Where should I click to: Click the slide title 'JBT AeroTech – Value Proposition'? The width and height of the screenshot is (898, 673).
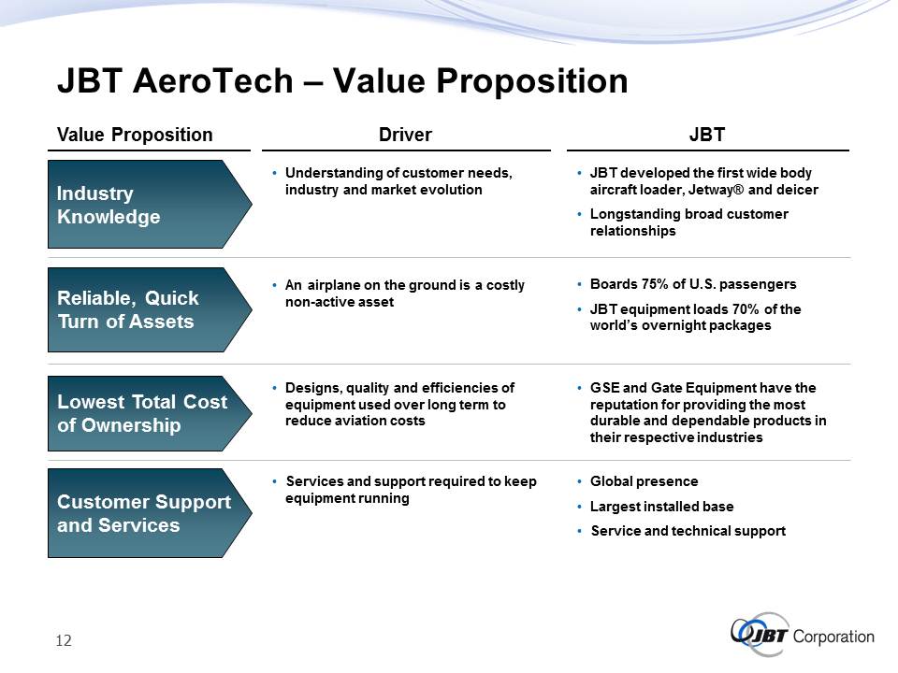(x=342, y=80)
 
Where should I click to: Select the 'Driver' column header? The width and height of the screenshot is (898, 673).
(x=405, y=135)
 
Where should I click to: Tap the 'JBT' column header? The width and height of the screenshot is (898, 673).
(x=707, y=135)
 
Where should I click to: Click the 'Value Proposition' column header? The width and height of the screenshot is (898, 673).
(x=135, y=135)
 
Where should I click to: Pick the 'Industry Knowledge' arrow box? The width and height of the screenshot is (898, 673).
(x=150, y=205)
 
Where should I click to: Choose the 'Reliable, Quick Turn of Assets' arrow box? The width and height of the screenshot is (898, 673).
(x=150, y=309)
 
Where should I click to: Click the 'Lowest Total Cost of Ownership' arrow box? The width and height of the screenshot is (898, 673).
(x=150, y=413)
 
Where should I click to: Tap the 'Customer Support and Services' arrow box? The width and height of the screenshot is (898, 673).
(x=150, y=513)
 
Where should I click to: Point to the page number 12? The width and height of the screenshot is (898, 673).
(x=64, y=640)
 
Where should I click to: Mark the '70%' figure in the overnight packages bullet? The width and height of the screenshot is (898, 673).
(x=746, y=309)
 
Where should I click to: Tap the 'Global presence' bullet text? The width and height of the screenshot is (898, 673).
(x=644, y=481)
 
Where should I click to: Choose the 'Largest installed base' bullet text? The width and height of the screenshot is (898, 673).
(x=661, y=507)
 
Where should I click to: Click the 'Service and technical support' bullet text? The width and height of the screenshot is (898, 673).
(x=688, y=531)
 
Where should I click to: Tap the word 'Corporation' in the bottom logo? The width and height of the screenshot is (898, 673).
(x=833, y=637)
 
